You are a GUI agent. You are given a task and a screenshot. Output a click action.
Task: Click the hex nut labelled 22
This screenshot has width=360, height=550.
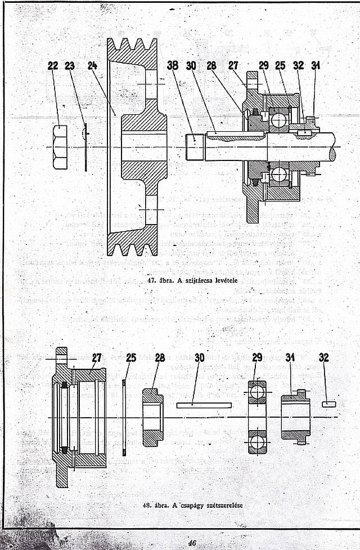click(x=60, y=147)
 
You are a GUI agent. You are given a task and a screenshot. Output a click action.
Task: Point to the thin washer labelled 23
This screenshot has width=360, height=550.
click(x=85, y=147)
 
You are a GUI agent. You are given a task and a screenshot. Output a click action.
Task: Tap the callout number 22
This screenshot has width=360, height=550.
click(x=53, y=66)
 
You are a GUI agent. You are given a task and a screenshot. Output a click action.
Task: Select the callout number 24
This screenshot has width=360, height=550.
click(x=93, y=66)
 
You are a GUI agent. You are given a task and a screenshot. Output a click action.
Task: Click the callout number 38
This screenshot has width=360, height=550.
click(x=173, y=65)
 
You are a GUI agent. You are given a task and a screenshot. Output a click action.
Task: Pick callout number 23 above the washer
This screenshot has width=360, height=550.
click(x=70, y=66)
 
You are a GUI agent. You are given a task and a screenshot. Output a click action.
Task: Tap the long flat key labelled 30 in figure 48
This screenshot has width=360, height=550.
click(x=204, y=405)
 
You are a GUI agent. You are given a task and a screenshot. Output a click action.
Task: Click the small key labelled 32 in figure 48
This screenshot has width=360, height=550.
click(x=328, y=404)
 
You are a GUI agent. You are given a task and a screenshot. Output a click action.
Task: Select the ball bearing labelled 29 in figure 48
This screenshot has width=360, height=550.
click(x=256, y=417)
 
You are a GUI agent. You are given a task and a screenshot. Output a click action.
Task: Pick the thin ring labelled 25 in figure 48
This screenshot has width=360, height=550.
click(x=124, y=417)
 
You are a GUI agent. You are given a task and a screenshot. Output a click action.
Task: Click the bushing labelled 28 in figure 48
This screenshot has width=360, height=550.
click(x=152, y=417)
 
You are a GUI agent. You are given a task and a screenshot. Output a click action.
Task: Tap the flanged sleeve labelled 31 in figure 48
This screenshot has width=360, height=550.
click(x=296, y=417)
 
